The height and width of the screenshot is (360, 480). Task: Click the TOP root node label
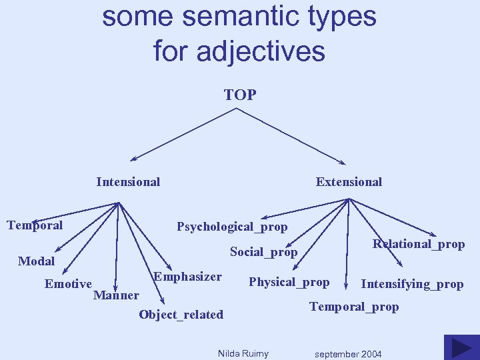(x=240, y=95)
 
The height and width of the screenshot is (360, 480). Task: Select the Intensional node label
(x=128, y=182)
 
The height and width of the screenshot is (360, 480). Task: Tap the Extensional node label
(x=349, y=182)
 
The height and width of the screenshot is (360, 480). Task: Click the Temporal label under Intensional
(x=35, y=225)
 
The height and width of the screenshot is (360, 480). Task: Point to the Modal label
(x=37, y=261)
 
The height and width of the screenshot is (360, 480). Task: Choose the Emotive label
(x=68, y=284)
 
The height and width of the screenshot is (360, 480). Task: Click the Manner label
(x=117, y=295)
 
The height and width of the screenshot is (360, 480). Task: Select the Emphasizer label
(x=187, y=277)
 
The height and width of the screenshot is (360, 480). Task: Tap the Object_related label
(x=181, y=315)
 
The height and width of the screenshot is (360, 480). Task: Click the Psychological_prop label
(x=232, y=227)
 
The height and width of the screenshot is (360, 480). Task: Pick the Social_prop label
(x=263, y=252)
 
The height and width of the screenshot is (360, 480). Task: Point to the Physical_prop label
(x=289, y=282)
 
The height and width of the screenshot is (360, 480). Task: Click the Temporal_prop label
(x=354, y=307)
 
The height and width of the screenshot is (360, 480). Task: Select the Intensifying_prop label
(x=412, y=284)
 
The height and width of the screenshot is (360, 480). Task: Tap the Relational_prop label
(x=419, y=244)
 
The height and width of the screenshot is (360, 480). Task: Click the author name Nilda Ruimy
(x=243, y=353)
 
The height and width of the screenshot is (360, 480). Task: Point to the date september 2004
(x=348, y=354)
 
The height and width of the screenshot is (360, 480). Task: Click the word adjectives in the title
(x=265, y=51)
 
